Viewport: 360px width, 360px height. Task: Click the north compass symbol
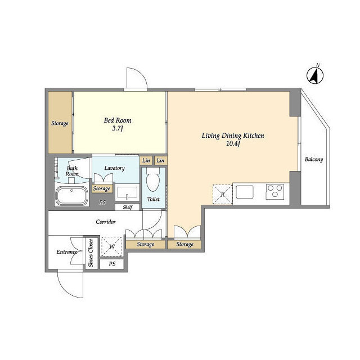coord(315,75)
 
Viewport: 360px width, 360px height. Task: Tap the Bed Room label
coord(118,120)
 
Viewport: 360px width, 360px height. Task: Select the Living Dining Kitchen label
coord(233,136)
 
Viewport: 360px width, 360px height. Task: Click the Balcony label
coord(314,159)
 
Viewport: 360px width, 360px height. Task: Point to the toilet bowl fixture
coord(153,180)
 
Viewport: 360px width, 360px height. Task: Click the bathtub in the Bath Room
coord(71,195)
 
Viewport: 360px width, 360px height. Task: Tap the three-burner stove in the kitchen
coord(275,191)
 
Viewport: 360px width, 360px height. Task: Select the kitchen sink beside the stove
coord(245,192)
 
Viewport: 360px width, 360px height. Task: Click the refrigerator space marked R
coord(223,194)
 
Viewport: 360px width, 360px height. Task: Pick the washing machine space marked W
coord(111,246)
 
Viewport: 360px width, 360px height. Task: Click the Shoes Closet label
coord(91,253)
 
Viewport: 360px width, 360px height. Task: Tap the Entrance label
coord(67,252)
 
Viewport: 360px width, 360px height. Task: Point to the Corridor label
coord(106,222)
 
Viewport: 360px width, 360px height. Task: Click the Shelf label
coord(128,207)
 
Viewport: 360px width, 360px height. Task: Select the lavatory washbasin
coord(128,192)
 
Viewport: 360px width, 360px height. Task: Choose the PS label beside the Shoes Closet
coord(112,264)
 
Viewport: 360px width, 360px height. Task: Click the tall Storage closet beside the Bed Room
coord(60,123)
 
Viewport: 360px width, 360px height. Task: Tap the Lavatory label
coord(114,168)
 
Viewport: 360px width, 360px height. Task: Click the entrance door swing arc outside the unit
coord(69,289)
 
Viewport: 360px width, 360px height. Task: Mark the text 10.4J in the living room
coord(233,144)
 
